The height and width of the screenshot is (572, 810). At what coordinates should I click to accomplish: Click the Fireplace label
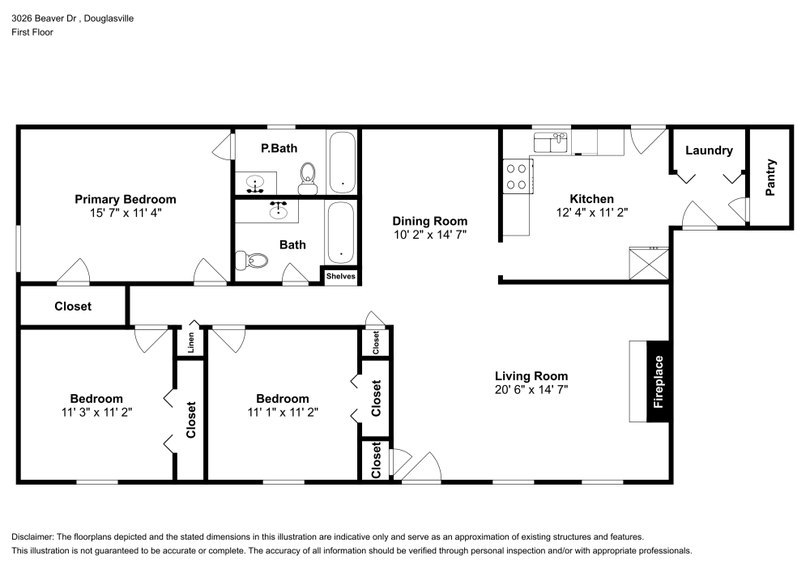pos(659,381)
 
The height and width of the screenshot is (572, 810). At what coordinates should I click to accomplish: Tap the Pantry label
pos(770,177)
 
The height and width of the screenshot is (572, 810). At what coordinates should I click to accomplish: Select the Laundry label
pos(709,150)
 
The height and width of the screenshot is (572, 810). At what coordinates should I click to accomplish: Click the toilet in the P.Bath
pos(307,178)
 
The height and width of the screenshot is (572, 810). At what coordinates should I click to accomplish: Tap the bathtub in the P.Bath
pos(342,162)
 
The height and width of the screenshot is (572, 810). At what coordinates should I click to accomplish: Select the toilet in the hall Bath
pos(253,261)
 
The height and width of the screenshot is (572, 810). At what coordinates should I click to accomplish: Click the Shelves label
pos(340,276)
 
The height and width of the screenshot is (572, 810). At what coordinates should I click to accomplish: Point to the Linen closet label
pos(191,343)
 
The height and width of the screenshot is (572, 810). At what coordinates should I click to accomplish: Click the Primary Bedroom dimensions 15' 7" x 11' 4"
pos(126,214)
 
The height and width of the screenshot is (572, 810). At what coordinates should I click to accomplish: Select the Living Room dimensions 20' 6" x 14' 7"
pos(531,389)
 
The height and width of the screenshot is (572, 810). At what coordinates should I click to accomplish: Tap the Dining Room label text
pos(429,221)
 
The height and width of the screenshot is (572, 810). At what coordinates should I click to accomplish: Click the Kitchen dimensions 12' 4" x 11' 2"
pos(591,212)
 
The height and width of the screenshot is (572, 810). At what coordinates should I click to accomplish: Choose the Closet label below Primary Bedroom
pos(73,307)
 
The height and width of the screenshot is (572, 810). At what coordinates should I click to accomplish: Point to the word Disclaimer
pos(36,537)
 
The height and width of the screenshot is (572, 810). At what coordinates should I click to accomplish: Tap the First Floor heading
pos(32,32)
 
